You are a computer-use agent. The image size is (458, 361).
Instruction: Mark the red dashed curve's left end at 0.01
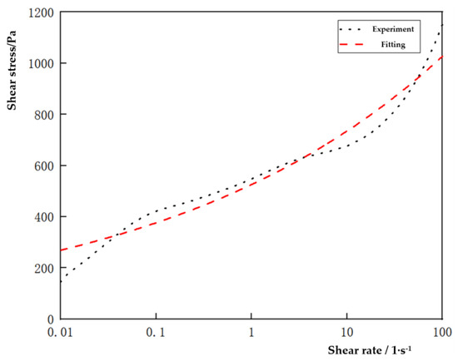point(61,250)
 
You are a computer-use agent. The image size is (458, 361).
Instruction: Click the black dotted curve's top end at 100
point(441,25)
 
